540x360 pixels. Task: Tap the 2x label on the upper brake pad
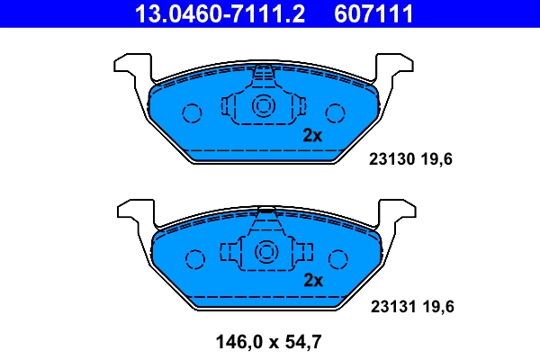point(312,136)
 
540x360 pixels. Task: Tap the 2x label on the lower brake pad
point(312,281)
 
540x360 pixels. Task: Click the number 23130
point(391,160)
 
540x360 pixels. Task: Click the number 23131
point(391,307)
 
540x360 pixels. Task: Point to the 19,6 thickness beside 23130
point(436,160)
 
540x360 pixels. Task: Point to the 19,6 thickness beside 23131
point(436,307)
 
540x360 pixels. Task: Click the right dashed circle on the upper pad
point(336,112)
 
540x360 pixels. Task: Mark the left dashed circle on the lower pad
point(193,259)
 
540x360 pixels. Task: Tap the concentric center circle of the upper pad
point(264,106)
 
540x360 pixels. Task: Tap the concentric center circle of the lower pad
point(264,252)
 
